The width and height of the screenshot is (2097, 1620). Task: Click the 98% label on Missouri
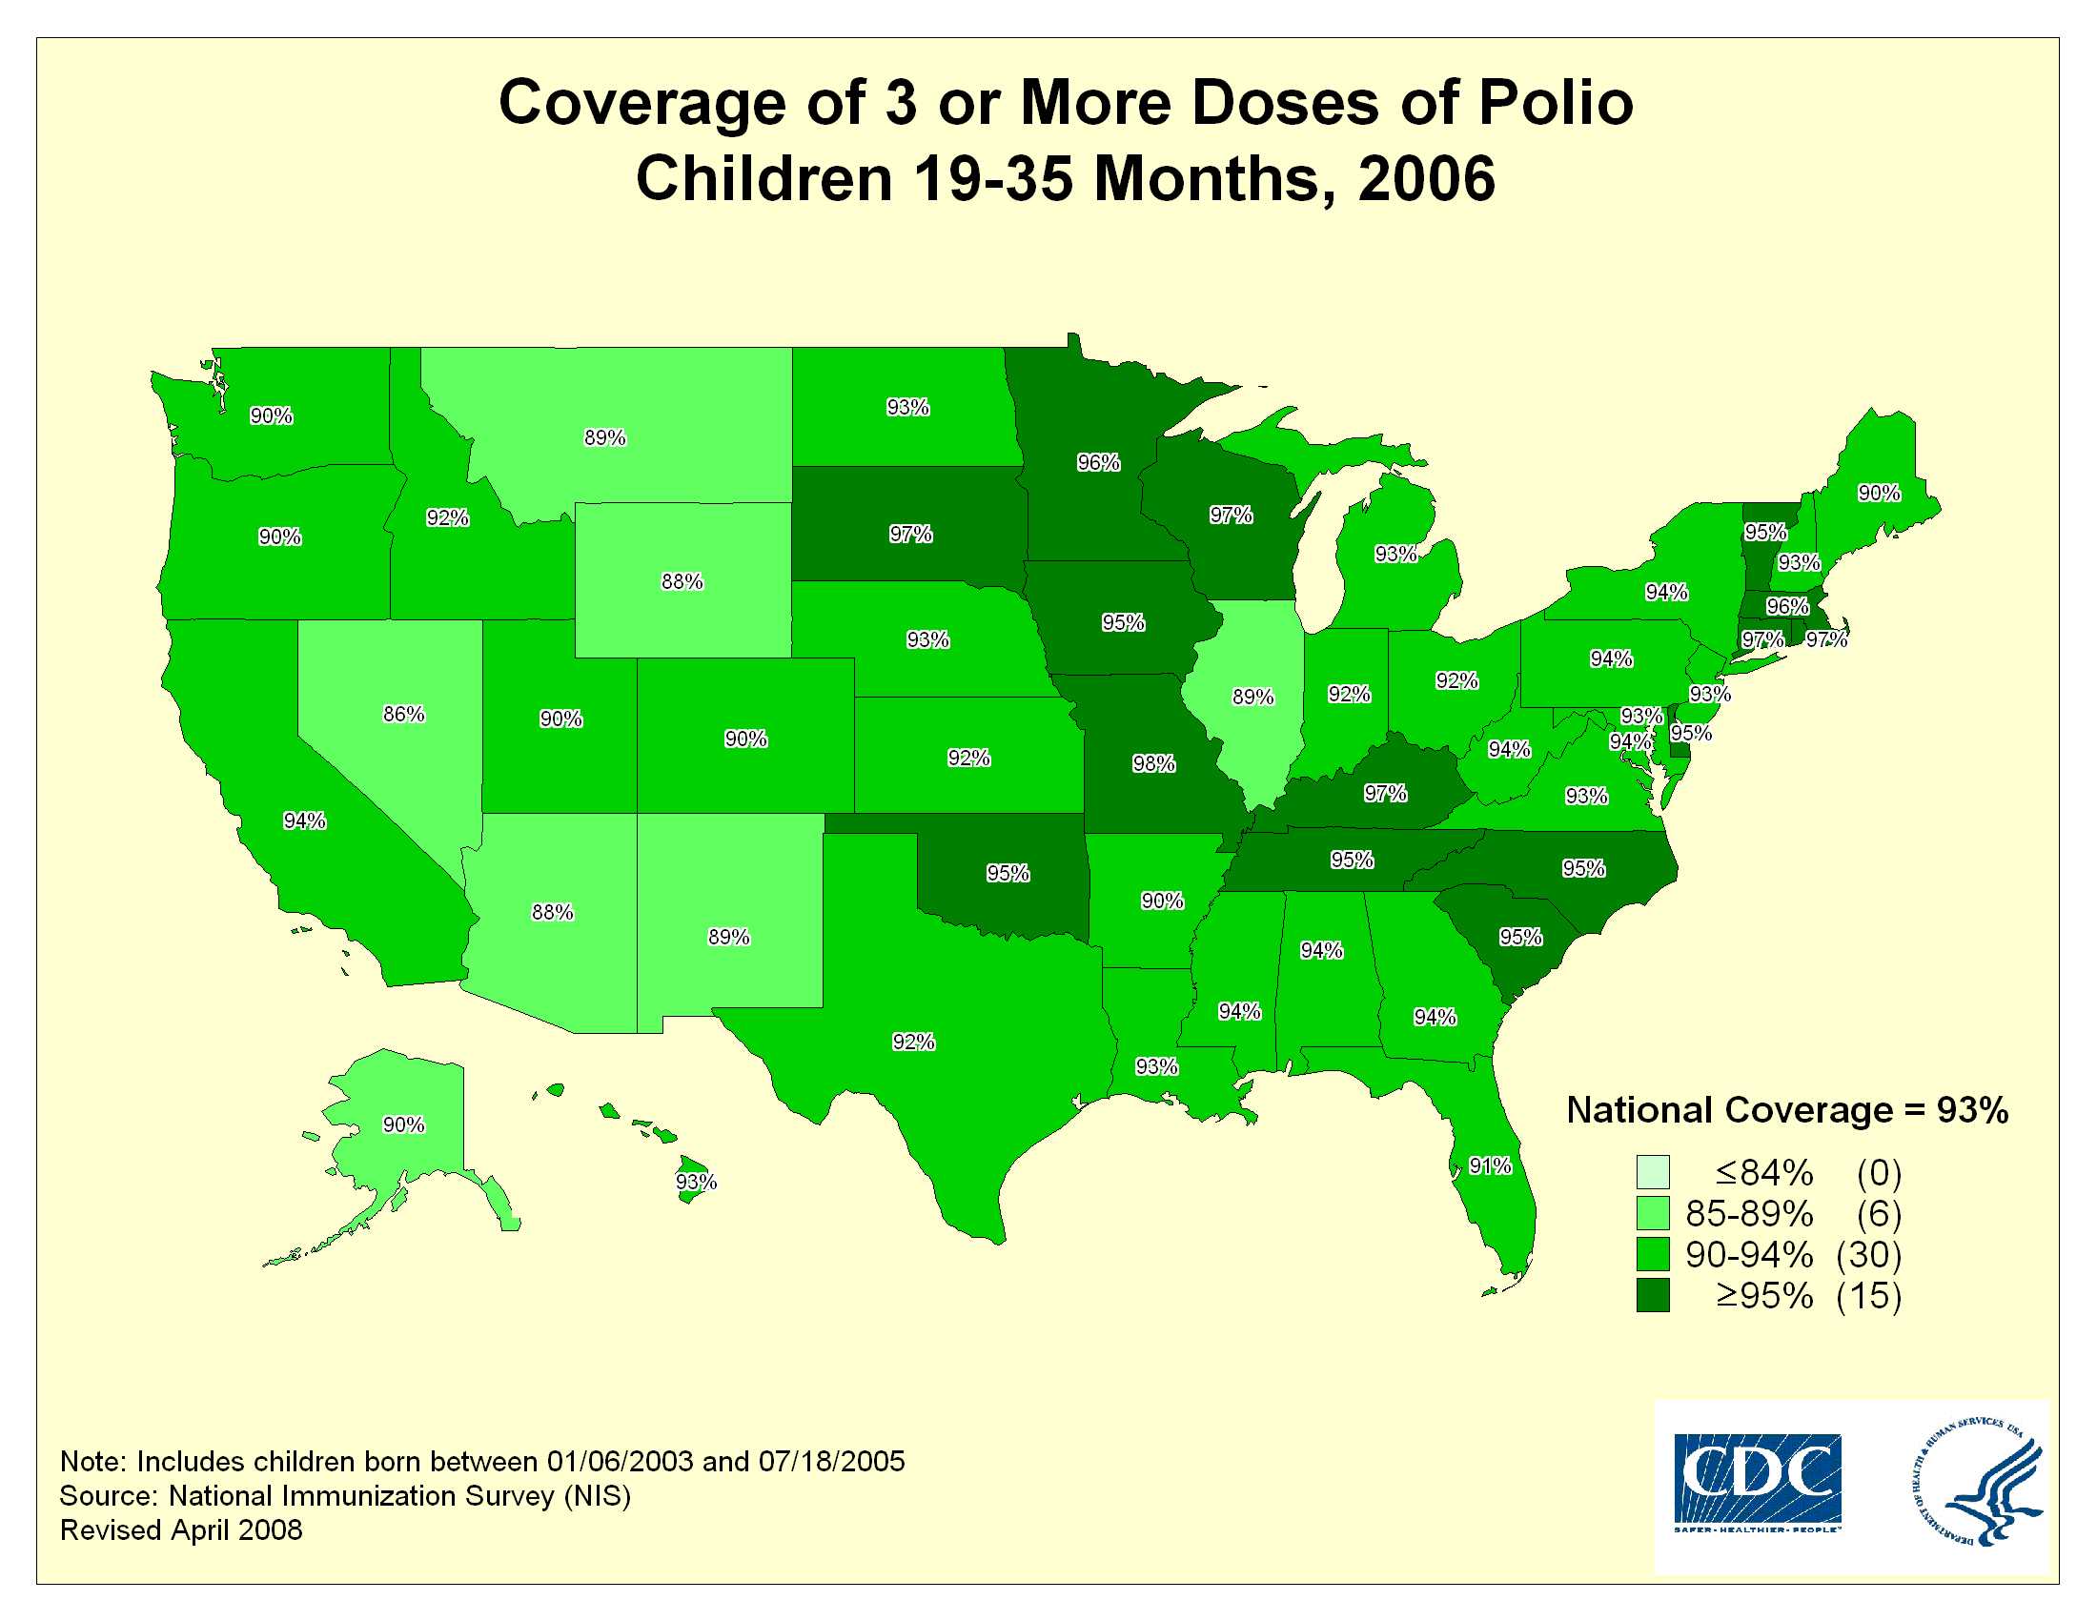tap(1153, 764)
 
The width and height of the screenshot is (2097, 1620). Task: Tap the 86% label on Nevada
tap(403, 714)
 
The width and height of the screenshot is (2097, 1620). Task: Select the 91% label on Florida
tap(1490, 1166)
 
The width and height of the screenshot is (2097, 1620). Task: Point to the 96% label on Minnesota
tap(1098, 462)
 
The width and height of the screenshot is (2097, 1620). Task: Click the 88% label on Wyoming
tap(682, 581)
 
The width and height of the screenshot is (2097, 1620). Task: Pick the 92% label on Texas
tap(913, 1043)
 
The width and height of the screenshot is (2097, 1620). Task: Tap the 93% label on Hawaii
tap(696, 1183)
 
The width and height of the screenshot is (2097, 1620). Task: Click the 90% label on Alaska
tap(403, 1124)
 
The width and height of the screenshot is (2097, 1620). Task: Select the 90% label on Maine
tap(1879, 494)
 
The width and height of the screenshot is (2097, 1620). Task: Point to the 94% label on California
tap(304, 820)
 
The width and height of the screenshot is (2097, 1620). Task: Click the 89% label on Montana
tap(605, 437)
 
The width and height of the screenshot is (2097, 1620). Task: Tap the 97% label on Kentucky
tap(1386, 793)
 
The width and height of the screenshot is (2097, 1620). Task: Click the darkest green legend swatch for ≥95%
tap(1654, 1295)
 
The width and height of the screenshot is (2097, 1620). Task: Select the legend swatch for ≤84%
tap(1654, 1172)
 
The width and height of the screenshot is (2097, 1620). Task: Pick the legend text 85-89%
tap(1749, 1214)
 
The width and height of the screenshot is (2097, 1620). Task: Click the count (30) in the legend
tap(1868, 1254)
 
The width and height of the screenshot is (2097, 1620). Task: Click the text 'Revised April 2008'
tap(181, 1529)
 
